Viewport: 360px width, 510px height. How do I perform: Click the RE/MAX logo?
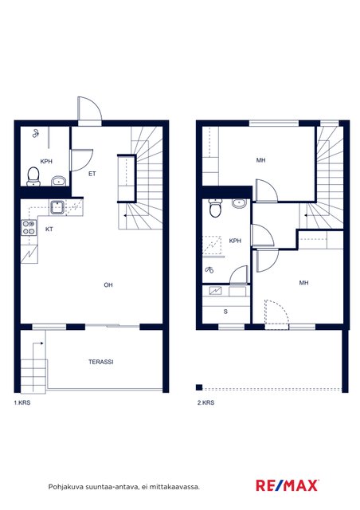tap(288, 485)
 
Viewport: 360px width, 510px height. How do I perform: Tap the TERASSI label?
tap(101, 362)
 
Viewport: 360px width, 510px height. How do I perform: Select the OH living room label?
tap(108, 285)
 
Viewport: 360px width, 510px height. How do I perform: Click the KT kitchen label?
tap(49, 229)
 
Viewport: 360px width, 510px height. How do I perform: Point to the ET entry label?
tap(92, 174)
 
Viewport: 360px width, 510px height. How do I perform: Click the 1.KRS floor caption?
tap(22, 402)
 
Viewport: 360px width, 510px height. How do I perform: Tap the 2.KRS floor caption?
tap(205, 402)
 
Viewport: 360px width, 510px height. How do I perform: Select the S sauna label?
tap(225, 312)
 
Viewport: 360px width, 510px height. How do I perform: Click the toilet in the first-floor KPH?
tap(33, 176)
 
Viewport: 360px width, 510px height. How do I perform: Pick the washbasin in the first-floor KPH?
tap(59, 181)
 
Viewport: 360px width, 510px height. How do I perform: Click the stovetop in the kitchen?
tap(29, 227)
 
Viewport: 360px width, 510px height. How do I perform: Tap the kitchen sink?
tap(57, 208)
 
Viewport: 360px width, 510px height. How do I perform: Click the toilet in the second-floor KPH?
tap(215, 208)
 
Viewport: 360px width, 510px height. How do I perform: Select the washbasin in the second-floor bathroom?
tap(240, 203)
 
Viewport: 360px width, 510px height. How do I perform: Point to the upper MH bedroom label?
tap(260, 160)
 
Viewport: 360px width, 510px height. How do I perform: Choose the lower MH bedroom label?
tap(303, 283)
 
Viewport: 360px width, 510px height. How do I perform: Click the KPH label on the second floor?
tap(235, 241)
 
